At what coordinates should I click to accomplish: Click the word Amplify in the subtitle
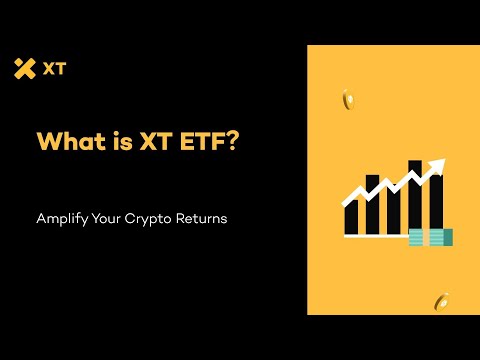click(x=61, y=218)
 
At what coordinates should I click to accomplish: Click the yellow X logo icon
click(x=25, y=68)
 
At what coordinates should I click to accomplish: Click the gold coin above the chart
click(x=347, y=99)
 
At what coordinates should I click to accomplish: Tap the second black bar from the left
click(x=371, y=206)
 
